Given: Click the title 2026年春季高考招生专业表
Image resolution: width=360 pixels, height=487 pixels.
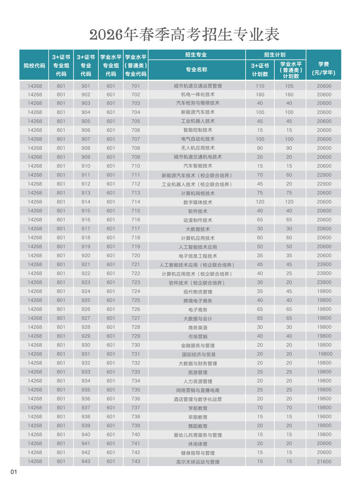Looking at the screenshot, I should tap(184, 35).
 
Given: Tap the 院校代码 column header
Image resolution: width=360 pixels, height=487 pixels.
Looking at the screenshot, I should tap(34, 66).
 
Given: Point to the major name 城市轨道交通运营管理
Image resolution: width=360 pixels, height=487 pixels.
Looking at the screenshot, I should tap(198, 86).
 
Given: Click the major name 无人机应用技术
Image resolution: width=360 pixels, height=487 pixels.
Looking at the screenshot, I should tap(198, 148).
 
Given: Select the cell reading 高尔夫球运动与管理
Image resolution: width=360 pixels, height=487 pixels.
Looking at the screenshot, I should tap(198, 462).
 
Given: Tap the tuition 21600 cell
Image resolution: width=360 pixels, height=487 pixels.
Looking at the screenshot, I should tap(324, 461).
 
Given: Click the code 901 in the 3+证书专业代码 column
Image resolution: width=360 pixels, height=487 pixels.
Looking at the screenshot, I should tap(86, 86).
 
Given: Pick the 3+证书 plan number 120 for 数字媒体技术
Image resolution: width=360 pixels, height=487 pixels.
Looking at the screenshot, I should tap(260, 202).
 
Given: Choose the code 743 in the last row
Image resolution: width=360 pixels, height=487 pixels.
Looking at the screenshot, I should tap(136, 461).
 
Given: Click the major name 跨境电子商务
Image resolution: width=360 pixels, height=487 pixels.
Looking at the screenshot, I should tap(198, 300).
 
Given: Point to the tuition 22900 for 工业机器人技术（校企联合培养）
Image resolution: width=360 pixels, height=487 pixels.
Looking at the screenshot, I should tap(324, 184).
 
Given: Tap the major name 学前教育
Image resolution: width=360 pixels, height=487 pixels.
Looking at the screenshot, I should tap(198, 408).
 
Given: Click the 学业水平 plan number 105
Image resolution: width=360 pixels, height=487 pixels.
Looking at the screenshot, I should tap(289, 86).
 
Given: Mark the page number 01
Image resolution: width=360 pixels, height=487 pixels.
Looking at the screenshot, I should tap(14, 472).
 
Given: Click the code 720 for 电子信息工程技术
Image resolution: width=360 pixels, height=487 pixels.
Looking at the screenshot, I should tap(136, 255).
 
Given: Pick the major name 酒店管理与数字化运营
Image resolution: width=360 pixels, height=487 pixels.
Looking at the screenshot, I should tap(198, 399).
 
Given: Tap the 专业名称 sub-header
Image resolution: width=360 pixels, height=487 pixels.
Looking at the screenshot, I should tap(197, 70).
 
